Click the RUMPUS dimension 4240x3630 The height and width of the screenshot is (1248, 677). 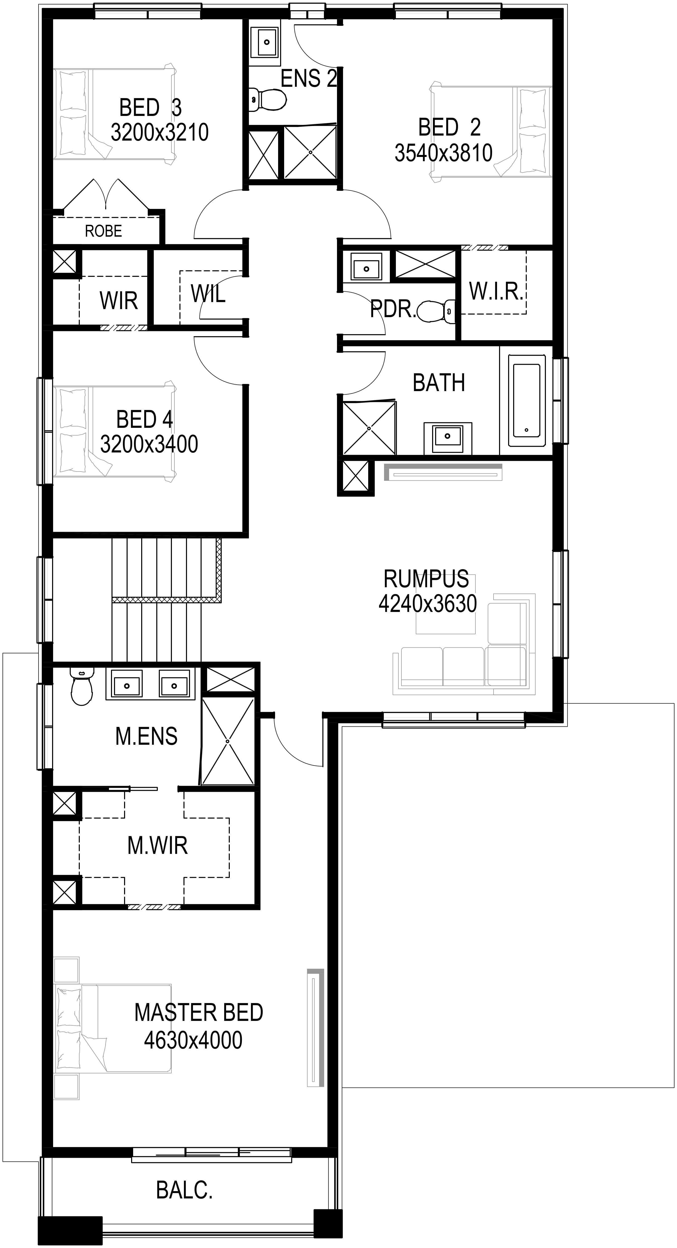pyautogui.click(x=427, y=604)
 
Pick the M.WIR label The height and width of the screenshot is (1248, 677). pyautogui.click(x=158, y=845)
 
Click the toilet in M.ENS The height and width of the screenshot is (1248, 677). pyautogui.click(x=81, y=686)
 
